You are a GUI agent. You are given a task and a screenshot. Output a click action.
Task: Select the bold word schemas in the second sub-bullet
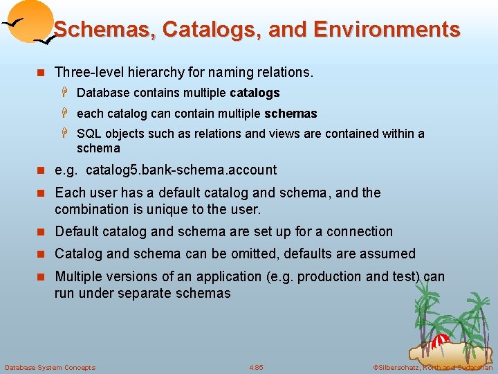(x=290, y=114)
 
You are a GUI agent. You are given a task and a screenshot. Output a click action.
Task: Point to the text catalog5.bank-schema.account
(x=181, y=170)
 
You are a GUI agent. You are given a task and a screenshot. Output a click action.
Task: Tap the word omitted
(x=270, y=253)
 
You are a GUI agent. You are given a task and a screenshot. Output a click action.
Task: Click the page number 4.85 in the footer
(x=256, y=367)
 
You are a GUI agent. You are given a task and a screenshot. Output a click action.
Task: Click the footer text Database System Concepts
(x=50, y=367)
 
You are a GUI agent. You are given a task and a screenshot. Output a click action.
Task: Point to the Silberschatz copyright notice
(x=432, y=367)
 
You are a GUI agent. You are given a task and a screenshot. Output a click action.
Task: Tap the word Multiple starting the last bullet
(x=78, y=276)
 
